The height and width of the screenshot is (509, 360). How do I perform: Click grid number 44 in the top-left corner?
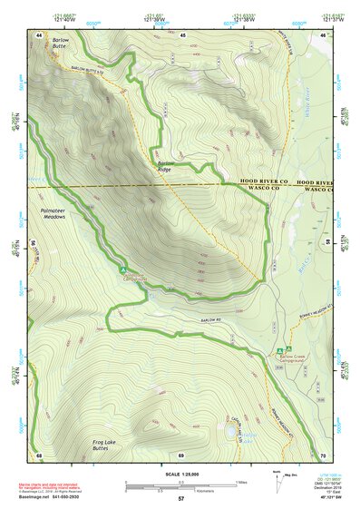pos(39,34)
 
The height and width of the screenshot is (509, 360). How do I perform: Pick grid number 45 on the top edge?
pos(182,34)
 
